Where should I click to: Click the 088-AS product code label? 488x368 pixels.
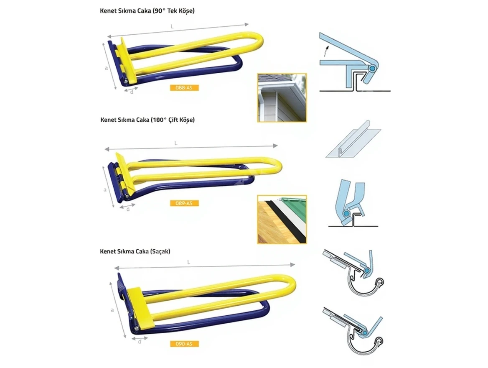(184, 88)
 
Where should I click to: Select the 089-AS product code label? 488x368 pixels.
(184, 204)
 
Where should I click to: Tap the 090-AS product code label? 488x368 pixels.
(184, 344)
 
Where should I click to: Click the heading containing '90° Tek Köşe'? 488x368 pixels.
(147, 11)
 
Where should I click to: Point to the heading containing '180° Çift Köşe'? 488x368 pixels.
(147, 120)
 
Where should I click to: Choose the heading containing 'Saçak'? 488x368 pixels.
(135, 252)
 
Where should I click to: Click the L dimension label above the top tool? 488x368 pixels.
(173, 26)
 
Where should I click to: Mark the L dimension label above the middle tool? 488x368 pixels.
(176, 143)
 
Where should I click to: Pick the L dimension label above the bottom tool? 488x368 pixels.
(189, 262)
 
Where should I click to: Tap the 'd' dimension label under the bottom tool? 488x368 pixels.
(140, 342)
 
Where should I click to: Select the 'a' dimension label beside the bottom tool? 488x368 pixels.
(112, 310)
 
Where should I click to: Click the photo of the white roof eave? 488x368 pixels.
(282, 97)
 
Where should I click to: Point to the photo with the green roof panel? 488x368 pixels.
(282, 219)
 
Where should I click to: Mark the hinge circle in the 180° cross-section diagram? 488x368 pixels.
(345, 215)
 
